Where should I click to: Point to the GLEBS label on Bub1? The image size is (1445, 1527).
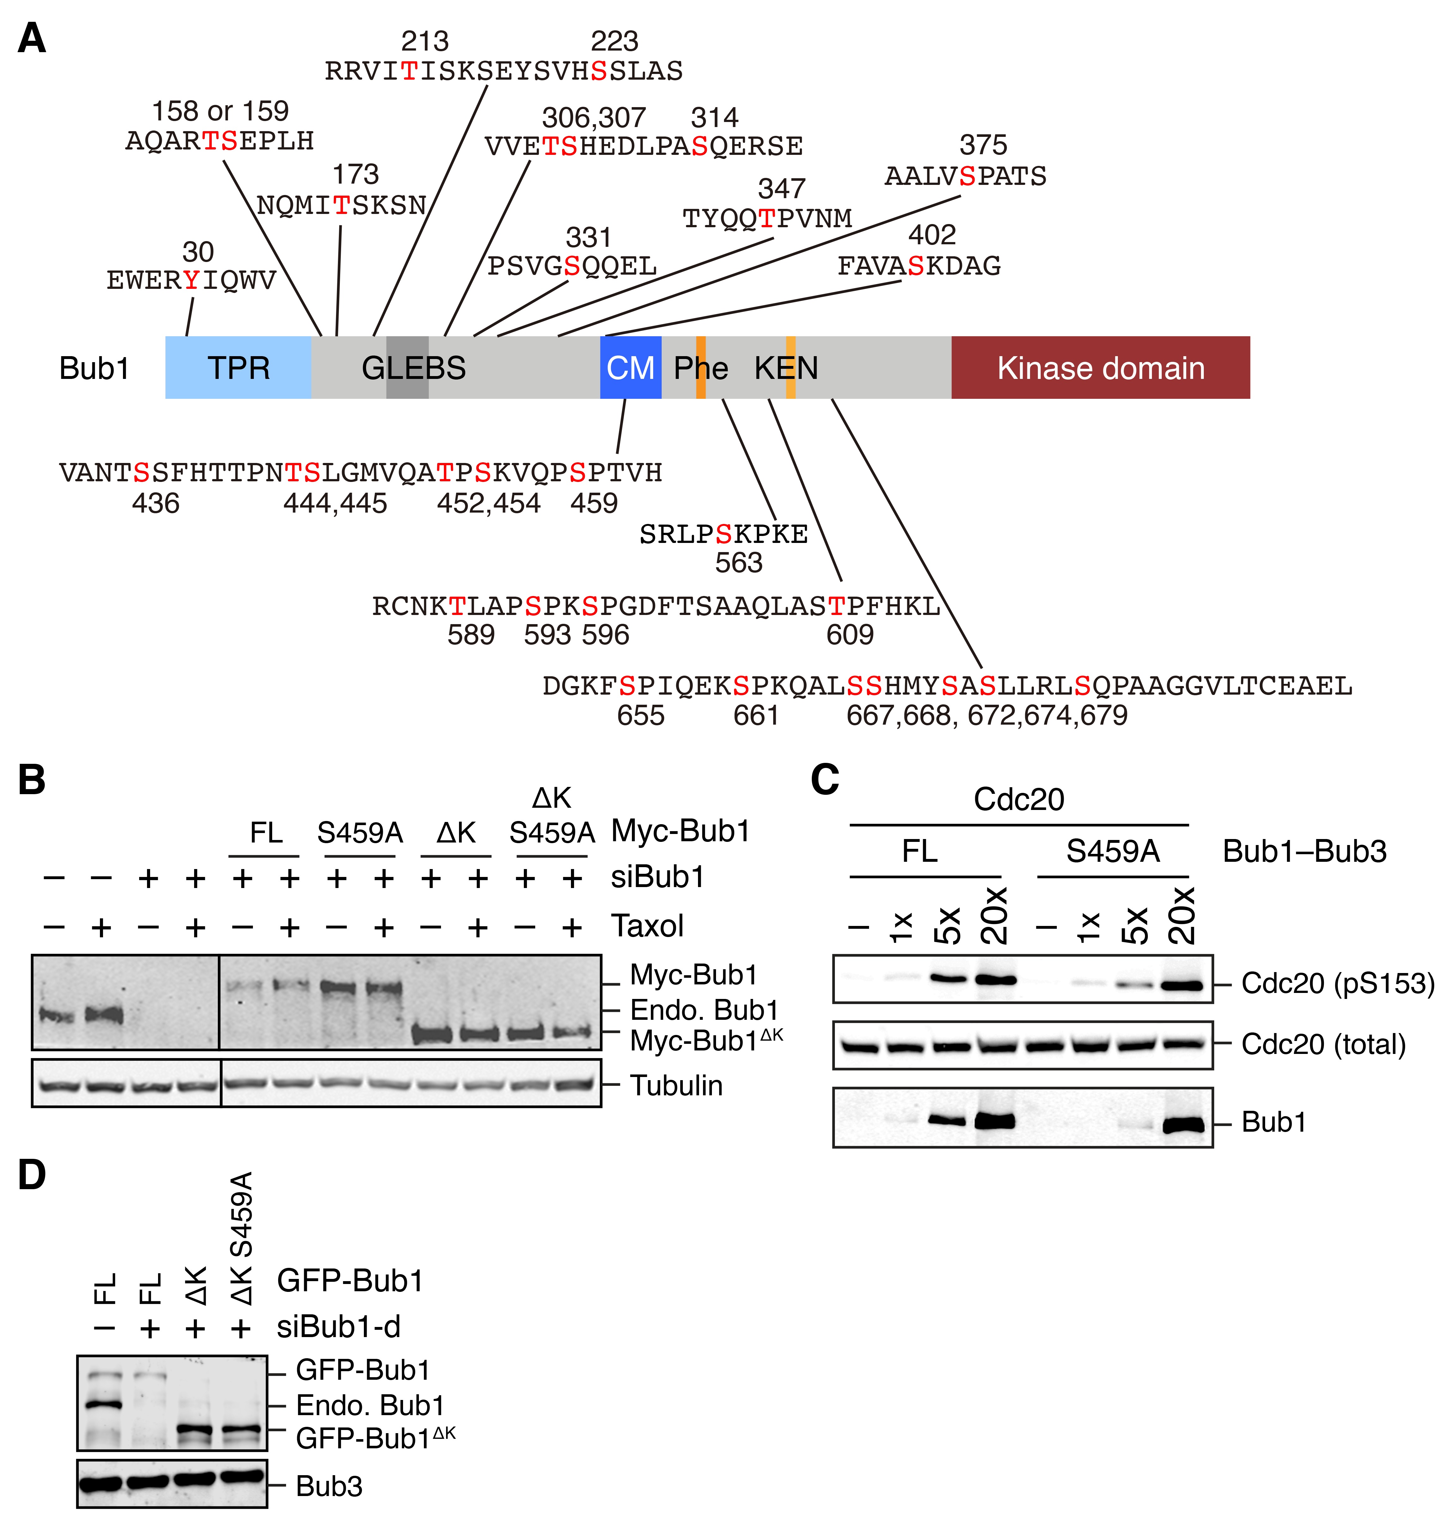click(413, 368)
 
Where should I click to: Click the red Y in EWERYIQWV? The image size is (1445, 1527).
click(191, 280)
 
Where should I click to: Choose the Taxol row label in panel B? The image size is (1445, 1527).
click(647, 926)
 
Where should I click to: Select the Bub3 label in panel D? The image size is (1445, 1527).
click(329, 1486)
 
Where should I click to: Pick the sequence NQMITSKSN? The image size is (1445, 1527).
click(341, 205)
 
